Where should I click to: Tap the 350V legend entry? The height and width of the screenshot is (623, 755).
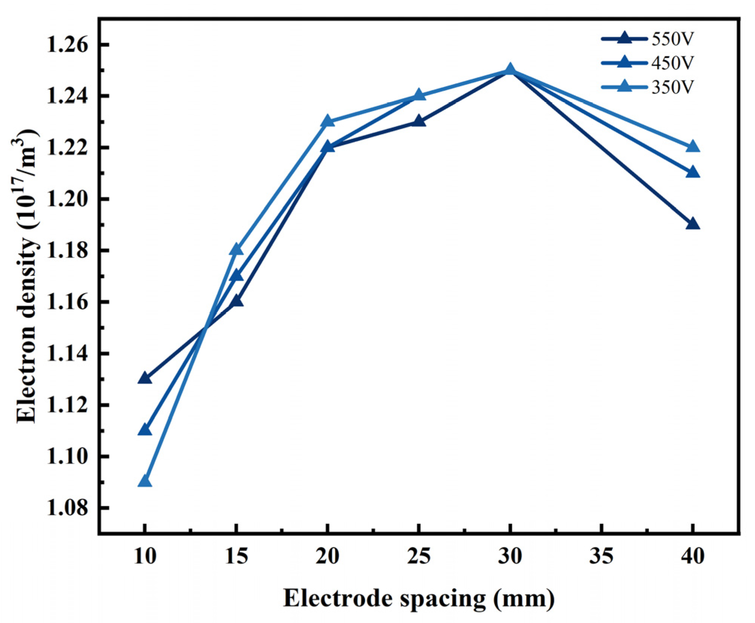(672, 87)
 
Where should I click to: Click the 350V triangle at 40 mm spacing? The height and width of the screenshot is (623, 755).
(693, 147)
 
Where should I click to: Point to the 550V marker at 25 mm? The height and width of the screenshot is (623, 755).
(419, 121)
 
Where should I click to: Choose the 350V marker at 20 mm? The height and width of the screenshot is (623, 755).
(327, 121)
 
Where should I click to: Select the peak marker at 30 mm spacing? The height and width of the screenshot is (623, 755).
(510, 70)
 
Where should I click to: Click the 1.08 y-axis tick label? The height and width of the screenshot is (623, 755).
(67, 508)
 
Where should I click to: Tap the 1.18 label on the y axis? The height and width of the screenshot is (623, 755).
(67, 251)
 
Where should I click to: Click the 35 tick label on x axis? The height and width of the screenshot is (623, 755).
(601, 556)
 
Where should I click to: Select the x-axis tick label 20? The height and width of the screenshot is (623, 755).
(327, 556)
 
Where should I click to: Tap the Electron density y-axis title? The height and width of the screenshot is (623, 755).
(27, 276)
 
